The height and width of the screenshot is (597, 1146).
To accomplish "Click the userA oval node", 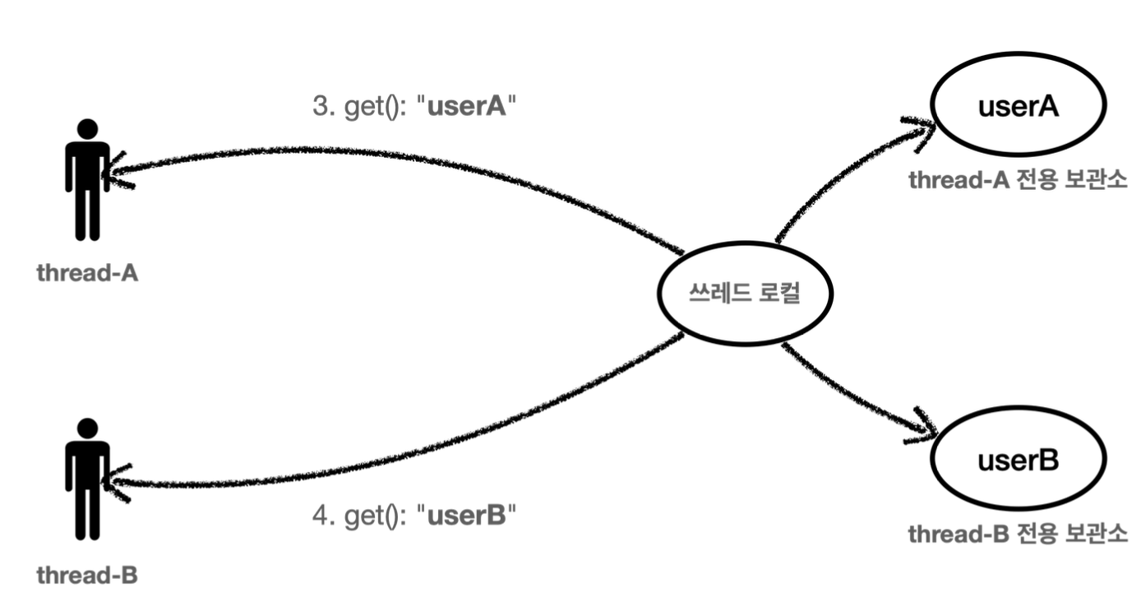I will click(x=1019, y=108).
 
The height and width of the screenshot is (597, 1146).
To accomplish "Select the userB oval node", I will click(x=1019, y=460).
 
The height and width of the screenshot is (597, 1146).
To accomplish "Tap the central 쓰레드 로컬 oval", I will click(x=745, y=294).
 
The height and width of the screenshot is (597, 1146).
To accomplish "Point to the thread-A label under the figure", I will click(x=87, y=273).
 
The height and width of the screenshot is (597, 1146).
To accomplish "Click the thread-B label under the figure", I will click(x=87, y=573).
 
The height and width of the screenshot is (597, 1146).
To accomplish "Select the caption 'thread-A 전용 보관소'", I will click(x=1018, y=180).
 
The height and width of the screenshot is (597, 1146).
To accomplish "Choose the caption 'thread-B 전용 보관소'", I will click(x=1018, y=535).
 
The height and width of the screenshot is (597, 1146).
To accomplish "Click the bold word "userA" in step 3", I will click(x=467, y=109).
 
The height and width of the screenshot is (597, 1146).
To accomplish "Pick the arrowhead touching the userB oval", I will click(x=925, y=428).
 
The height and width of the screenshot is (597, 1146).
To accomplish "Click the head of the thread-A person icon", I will click(x=87, y=129).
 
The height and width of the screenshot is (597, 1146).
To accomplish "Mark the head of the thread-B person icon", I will click(x=87, y=428).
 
